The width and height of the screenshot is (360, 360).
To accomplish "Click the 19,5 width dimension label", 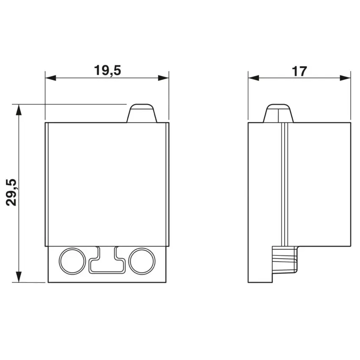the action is [x=107, y=70].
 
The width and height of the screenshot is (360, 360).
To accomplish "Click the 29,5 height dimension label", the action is [x=11, y=192].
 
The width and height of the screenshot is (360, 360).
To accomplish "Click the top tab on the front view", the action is [x=141, y=113].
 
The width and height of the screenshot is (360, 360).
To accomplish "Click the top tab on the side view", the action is [x=278, y=113].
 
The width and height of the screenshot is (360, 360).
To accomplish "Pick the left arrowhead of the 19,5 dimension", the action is [x=50, y=78].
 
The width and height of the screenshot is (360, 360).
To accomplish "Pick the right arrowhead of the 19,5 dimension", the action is [x=163, y=78].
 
